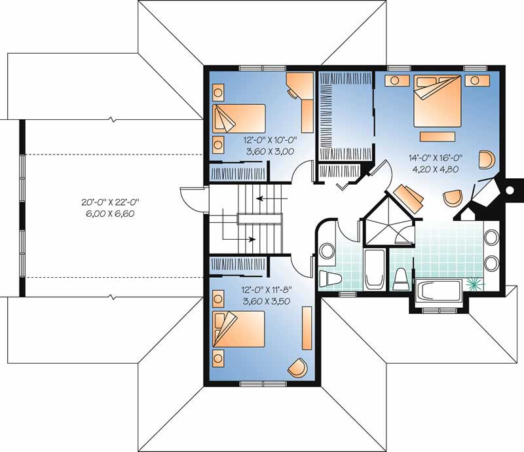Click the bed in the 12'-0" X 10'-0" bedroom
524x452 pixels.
click(x=238, y=119)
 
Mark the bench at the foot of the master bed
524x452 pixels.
click(x=437, y=136)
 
